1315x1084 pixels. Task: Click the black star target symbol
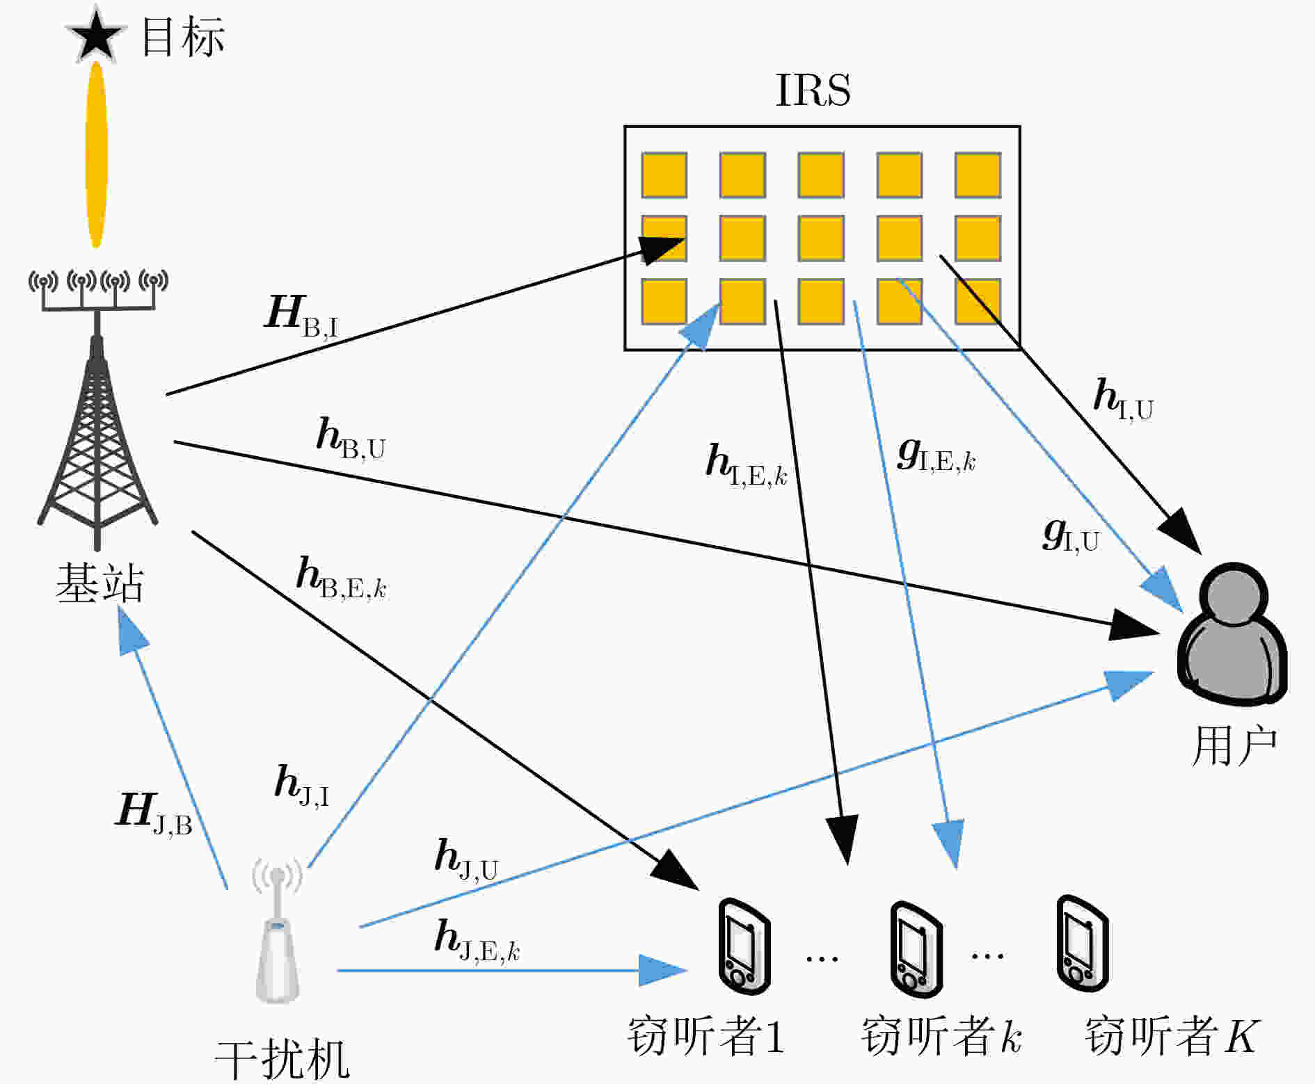pyautogui.click(x=96, y=35)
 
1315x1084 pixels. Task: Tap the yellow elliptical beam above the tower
pyautogui.click(x=96, y=154)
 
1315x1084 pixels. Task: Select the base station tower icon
pyautogui.click(x=97, y=409)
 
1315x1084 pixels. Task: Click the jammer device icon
pyautogui.click(x=278, y=932)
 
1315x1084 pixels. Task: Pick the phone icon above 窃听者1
pyautogui.click(x=744, y=947)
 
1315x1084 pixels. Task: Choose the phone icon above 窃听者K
pyautogui.click(x=1082, y=943)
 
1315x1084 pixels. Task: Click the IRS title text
pyautogui.click(x=813, y=90)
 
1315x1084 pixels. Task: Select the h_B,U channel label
pyautogui.click(x=351, y=438)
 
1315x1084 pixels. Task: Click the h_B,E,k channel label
pyautogui.click(x=341, y=578)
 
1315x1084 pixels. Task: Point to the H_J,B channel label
pyautogui.click(x=154, y=813)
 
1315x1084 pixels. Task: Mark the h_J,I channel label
pyautogui.click(x=302, y=786)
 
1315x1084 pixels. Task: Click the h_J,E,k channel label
pyautogui.click(x=477, y=940)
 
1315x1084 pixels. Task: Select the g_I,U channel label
pyautogui.click(x=1071, y=535)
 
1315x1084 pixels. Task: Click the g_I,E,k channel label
pyautogui.click(x=937, y=455)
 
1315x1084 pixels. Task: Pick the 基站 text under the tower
pyautogui.click(x=99, y=582)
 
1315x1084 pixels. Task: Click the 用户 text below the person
pyautogui.click(x=1234, y=746)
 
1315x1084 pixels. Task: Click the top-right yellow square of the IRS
pyautogui.click(x=978, y=175)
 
